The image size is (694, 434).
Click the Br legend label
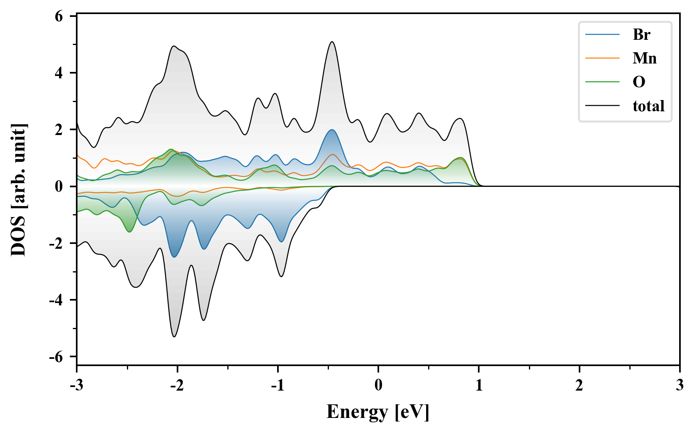tap(641, 35)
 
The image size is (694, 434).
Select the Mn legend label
tap(644, 58)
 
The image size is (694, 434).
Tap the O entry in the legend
tap(639, 82)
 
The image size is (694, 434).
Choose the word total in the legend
tap(648, 106)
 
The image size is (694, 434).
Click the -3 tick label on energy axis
tap(76, 385)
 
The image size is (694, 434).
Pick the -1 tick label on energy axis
tap(277, 385)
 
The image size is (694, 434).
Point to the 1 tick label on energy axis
tap(479, 385)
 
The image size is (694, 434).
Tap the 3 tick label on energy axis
tap(680, 385)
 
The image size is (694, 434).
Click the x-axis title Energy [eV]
tap(378, 412)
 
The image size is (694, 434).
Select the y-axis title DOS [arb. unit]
tap(18, 190)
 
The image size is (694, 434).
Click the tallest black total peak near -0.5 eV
tap(332, 42)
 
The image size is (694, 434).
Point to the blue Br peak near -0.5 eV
tap(332, 130)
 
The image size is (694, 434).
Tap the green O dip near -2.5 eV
tap(129, 232)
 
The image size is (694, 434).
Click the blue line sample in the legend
tap(602, 35)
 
